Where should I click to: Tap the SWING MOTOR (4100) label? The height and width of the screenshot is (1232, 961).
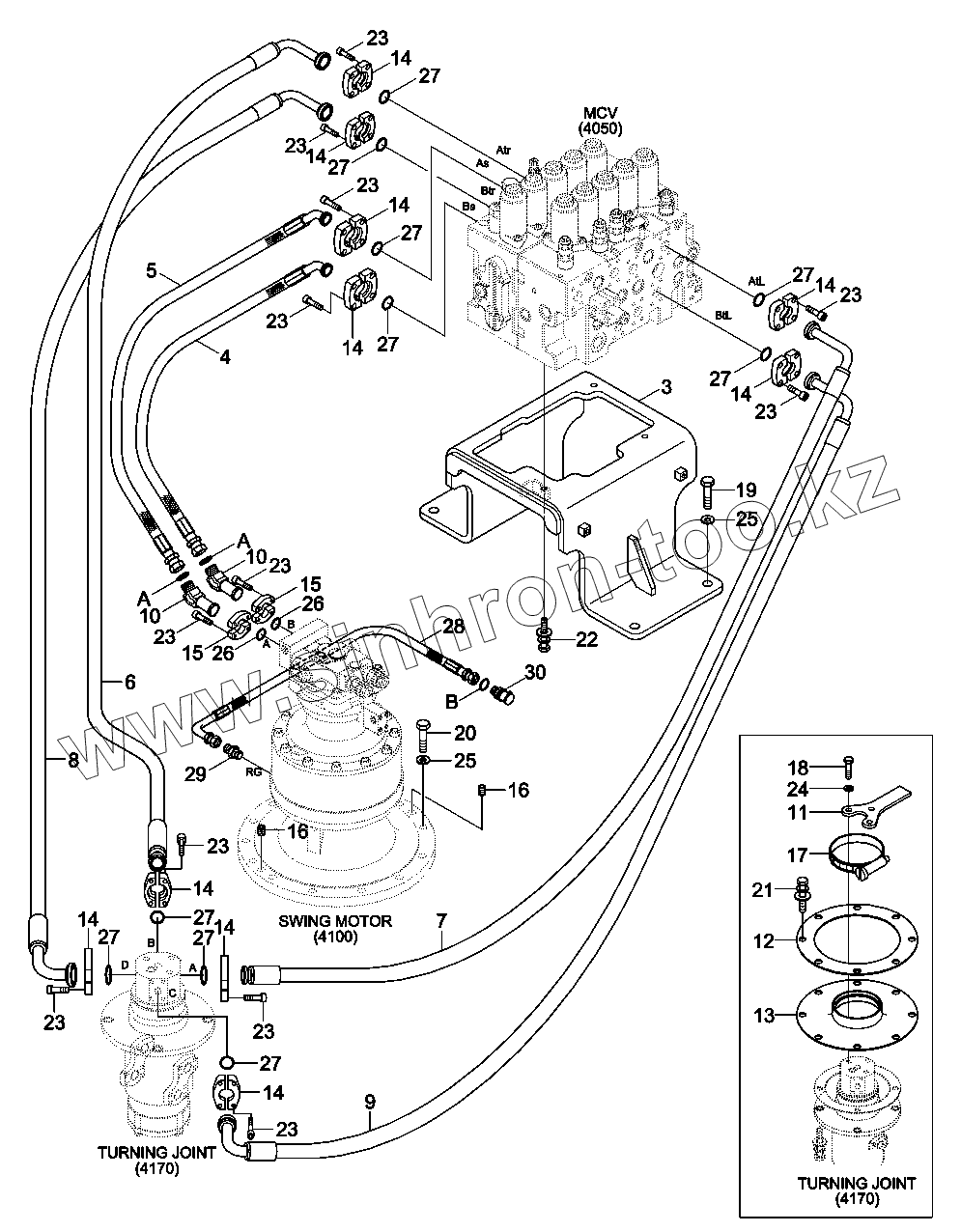click(335, 928)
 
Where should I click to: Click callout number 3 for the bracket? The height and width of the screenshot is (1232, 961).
click(666, 388)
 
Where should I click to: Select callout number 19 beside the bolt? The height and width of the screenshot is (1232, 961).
click(746, 490)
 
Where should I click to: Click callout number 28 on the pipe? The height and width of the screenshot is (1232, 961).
click(453, 627)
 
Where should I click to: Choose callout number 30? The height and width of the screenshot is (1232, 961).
click(535, 672)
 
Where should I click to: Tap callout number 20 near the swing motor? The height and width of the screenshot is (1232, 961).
click(465, 733)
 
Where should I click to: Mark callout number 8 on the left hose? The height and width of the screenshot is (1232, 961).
click(71, 760)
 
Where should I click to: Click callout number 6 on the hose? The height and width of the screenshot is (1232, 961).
click(129, 681)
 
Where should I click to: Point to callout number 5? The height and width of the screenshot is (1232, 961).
click(151, 271)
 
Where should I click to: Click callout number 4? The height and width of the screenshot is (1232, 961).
click(224, 356)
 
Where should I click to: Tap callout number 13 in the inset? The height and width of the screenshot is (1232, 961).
click(764, 1015)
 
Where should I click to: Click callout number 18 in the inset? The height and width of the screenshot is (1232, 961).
click(798, 768)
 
